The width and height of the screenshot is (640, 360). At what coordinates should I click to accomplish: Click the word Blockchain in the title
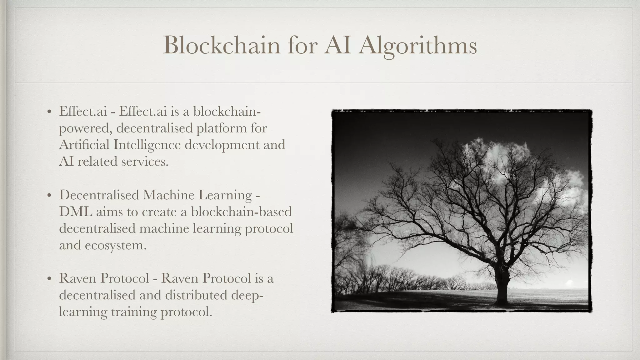222,45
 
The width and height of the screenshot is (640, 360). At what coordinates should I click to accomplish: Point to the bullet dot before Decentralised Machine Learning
49,196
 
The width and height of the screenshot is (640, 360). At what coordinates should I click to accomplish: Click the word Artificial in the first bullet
84,145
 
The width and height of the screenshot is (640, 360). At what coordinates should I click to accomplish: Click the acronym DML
76,212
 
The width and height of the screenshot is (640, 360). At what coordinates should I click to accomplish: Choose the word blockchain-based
241,212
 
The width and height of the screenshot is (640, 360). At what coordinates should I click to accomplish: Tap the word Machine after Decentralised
168,195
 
